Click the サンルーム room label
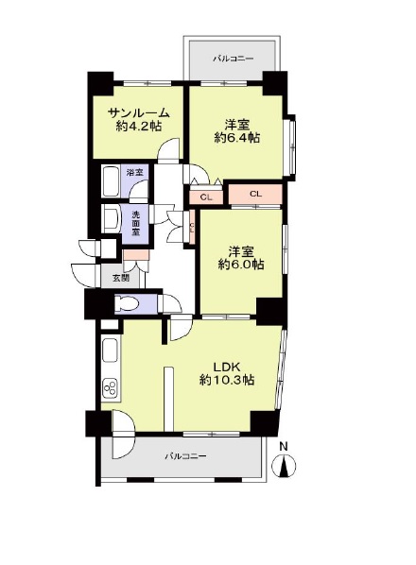pyautogui.click(x=139, y=113)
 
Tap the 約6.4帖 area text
pyautogui.click(x=237, y=138)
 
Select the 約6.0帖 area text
pyautogui.click(x=241, y=265)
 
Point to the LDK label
pyautogui.click(x=227, y=368)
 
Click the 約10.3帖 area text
pyautogui.click(x=227, y=380)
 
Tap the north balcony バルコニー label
pyautogui.click(x=234, y=59)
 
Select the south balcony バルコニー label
pyautogui.click(x=186, y=456)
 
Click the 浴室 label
pyautogui.click(x=135, y=172)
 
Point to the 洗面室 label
pyautogui.click(x=135, y=224)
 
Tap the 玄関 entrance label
pyautogui.click(x=121, y=278)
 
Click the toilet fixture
pyautogui.click(x=126, y=303)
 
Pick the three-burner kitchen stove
pyautogui.click(x=110, y=388)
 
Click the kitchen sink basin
pyautogui.click(x=110, y=351)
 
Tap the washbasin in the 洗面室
pyautogui.click(x=111, y=218)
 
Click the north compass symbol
pyautogui.click(x=286, y=466)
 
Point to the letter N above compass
pyautogui.click(x=284, y=447)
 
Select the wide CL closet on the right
pyautogui.click(x=255, y=195)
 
